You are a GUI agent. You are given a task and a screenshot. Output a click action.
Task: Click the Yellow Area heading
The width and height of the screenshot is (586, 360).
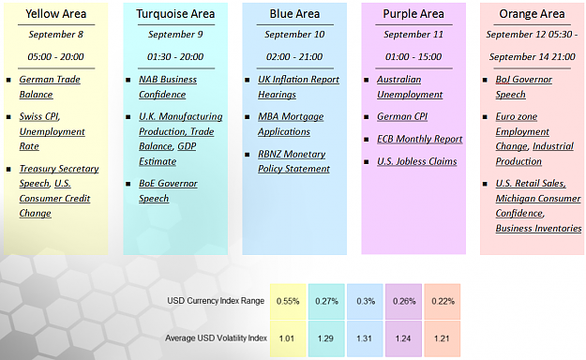(x=56, y=14)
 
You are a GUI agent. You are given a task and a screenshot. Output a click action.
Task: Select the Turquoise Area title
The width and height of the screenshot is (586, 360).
(x=175, y=14)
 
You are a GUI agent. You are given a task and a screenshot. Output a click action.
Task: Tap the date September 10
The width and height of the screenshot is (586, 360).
(x=294, y=35)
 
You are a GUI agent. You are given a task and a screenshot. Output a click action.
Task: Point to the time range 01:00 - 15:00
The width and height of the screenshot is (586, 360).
(x=413, y=57)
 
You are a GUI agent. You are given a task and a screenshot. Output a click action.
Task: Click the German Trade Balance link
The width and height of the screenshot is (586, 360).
(x=50, y=87)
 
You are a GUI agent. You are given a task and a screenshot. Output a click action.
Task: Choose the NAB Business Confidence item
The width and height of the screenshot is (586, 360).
(x=168, y=87)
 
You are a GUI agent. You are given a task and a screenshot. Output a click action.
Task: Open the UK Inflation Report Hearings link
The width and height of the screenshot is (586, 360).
(x=298, y=87)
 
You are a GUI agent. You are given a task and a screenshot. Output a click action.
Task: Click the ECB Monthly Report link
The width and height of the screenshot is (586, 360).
(x=420, y=139)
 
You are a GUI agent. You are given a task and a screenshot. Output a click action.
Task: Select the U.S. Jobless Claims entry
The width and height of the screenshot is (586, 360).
(x=416, y=161)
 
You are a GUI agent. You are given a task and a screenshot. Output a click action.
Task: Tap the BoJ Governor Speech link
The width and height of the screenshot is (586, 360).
(x=523, y=87)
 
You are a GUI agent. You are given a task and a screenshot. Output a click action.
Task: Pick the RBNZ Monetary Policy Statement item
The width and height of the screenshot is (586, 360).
(x=293, y=161)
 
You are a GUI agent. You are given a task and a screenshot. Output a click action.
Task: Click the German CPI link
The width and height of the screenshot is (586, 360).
(x=402, y=116)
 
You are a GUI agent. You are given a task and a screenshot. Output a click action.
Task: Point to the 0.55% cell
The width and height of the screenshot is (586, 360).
(x=288, y=301)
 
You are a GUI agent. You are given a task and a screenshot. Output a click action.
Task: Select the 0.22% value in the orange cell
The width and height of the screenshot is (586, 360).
(x=443, y=301)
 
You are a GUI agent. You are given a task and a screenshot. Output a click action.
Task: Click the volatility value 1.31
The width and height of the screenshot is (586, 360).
(x=364, y=338)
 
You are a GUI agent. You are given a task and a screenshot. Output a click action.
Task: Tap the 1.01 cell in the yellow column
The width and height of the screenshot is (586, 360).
(x=287, y=338)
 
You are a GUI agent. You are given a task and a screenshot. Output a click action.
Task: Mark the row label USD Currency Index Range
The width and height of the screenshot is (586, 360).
(x=216, y=301)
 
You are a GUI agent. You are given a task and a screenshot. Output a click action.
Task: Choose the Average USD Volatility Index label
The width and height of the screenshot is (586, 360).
(x=216, y=338)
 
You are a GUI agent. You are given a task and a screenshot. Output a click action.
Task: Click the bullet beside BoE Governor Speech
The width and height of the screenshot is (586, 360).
(x=128, y=184)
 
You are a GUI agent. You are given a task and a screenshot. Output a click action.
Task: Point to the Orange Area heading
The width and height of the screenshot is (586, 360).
(x=532, y=14)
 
